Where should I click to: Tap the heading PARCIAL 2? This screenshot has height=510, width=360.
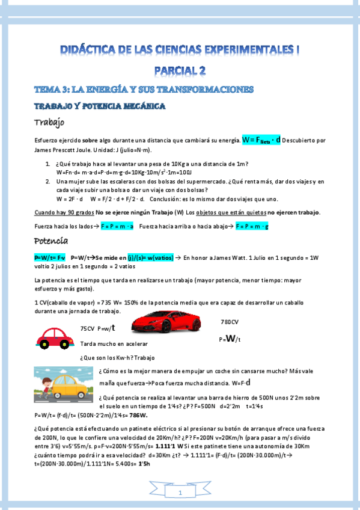pyautogui.click(x=180, y=70)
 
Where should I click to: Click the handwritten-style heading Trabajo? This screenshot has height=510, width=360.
pyautogui.click(x=49, y=123)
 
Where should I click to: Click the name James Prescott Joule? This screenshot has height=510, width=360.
pyautogui.click(x=61, y=149)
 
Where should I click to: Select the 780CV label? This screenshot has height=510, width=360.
pyautogui.click(x=230, y=321)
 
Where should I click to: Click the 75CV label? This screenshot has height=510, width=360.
pyautogui.click(x=88, y=329)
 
